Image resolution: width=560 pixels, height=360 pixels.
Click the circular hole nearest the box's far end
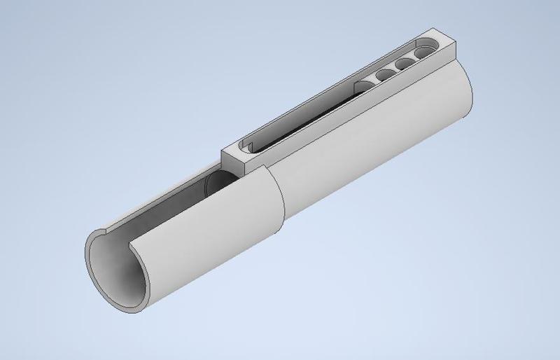424,53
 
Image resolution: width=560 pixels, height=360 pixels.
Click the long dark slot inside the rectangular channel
308,116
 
